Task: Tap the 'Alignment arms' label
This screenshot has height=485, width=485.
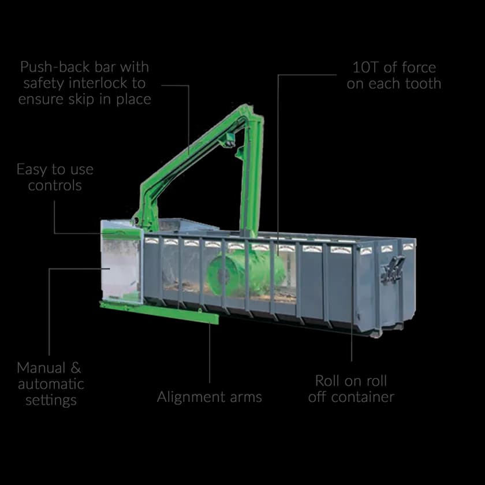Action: tap(209, 397)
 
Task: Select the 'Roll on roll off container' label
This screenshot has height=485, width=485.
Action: tap(350, 389)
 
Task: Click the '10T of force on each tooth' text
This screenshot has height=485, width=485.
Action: tap(394, 75)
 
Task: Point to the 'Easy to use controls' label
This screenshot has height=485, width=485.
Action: tap(55, 177)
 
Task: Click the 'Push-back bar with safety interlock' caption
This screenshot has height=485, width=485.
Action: tap(85, 83)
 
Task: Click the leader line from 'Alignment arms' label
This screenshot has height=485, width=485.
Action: tap(209, 352)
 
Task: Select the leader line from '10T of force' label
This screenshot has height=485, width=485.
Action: tap(278, 162)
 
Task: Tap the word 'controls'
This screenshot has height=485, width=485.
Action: tap(55, 185)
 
